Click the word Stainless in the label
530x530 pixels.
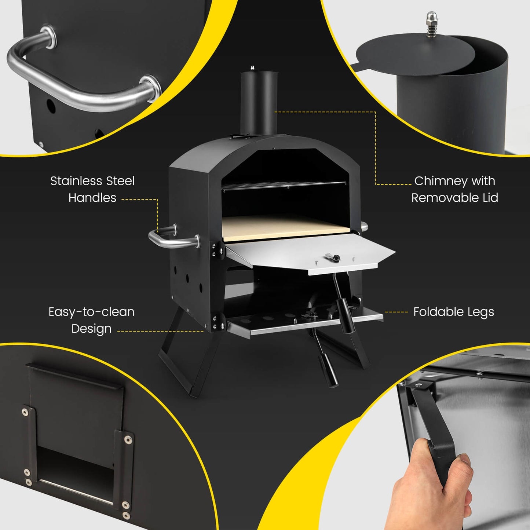click(x=76, y=181)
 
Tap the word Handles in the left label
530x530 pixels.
click(x=92, y=198)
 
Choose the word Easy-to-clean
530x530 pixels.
click(x=91, y=312)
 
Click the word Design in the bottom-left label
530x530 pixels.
click(x=91, y=329)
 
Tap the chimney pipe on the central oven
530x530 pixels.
click(x=258, y=103)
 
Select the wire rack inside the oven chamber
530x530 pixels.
click(x=284, y=186)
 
